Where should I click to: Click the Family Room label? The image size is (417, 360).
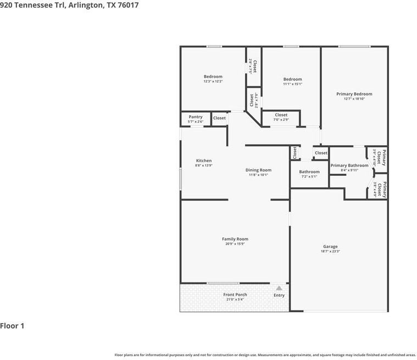[235, 239]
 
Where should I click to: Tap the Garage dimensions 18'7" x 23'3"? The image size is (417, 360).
[330, 251]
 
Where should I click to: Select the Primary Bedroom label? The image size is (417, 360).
[354, 94]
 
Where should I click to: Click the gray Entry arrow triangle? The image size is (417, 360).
[279, 288]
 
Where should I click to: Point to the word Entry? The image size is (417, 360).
[279, 295]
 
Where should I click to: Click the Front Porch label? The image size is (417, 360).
[235, 295]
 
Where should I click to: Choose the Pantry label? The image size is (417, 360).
[196, 117]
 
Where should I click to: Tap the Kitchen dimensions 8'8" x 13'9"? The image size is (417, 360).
[203, 165]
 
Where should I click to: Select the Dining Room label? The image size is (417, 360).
[258, 170]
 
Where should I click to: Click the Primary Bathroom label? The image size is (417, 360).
[349, 165]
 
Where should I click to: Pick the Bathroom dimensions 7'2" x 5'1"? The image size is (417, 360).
[309, 176]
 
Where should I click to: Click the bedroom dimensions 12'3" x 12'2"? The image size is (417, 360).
[213, 81]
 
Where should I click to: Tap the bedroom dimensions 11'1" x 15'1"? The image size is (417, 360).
[292, 84]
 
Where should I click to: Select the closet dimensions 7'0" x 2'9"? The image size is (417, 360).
[281, 120]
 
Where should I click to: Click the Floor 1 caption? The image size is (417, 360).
[12, 326]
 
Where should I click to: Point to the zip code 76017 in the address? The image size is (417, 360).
[127, 5]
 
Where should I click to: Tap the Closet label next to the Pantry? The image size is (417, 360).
[219, 118]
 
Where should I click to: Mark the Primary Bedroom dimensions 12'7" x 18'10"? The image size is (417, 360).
[354, 99]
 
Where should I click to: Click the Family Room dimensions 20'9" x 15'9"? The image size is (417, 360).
[235, 244]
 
